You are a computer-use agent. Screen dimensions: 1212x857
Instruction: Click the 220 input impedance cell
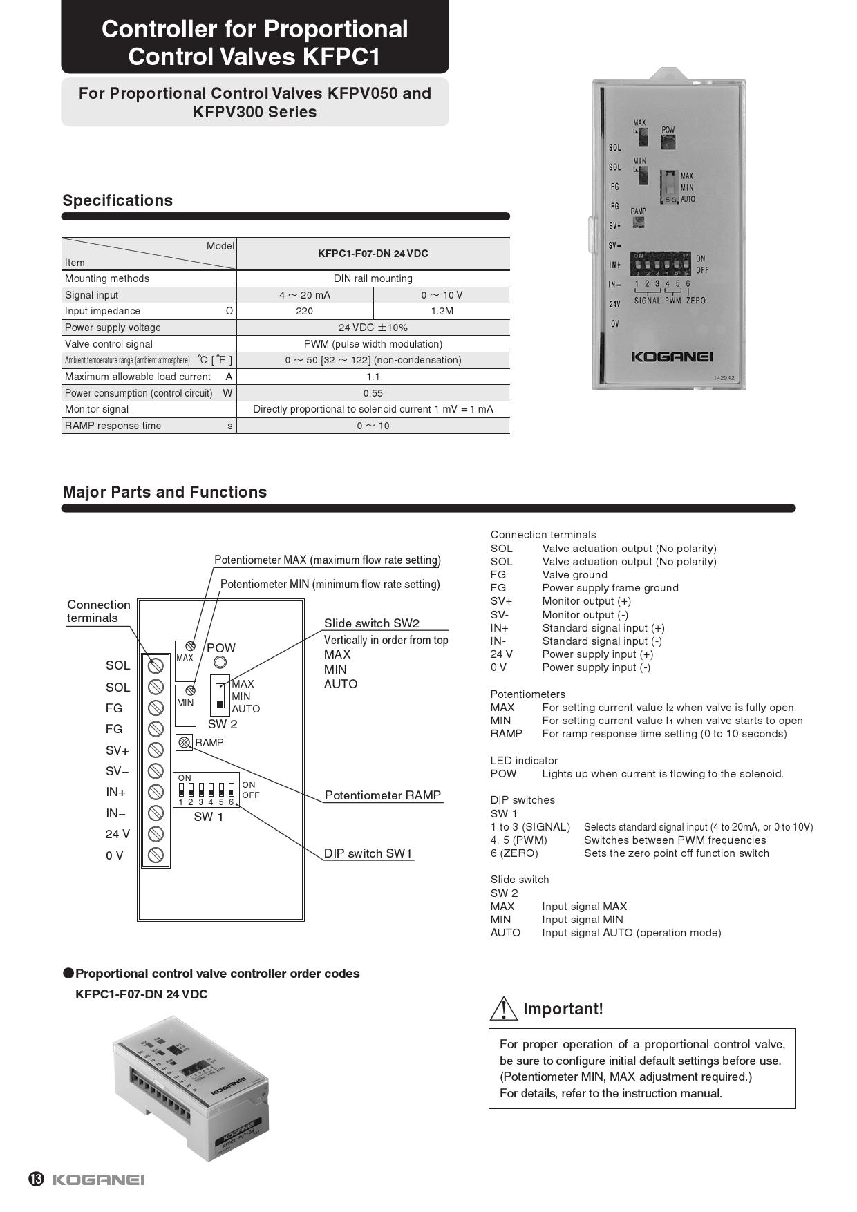(304, 311)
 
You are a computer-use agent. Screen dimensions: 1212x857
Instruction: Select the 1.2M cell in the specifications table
(442, 311)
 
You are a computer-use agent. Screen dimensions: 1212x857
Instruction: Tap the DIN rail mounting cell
(373, 278)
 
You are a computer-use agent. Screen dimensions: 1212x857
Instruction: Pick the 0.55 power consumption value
(373, 393)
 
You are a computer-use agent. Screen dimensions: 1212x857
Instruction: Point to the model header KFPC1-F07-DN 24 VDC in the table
(373, 254)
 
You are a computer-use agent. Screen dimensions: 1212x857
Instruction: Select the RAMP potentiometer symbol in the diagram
(184, 743)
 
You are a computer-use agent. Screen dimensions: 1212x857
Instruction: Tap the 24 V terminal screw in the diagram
(156, 834)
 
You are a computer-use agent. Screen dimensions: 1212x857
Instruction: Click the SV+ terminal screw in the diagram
(156, 750)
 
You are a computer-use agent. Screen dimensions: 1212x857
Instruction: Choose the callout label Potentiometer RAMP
(383, 795)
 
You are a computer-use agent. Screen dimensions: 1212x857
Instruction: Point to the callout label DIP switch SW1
(368, 853)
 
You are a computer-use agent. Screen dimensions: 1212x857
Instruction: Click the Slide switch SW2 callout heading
(372, 623)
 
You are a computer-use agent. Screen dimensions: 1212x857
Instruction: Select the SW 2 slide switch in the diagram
(220, 696)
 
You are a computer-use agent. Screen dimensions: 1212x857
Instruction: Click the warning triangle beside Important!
(504, 1009)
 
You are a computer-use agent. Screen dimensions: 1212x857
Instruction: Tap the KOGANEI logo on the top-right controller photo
(671, 357)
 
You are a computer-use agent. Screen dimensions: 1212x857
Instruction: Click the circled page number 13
(37, 1180)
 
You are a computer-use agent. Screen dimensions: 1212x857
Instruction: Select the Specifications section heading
(117, 201)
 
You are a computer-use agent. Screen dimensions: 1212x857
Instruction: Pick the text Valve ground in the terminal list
(574, 575)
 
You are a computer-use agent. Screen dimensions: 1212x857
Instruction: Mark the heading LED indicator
(524, 761)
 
